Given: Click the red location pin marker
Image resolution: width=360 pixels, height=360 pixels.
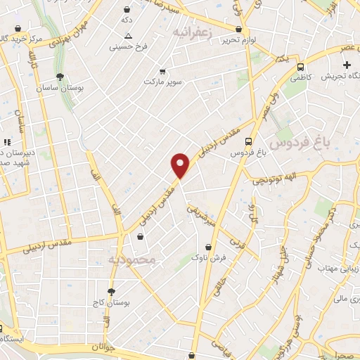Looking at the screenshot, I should click(181, 165).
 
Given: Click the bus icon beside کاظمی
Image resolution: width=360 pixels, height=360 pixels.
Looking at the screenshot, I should click(300, 67).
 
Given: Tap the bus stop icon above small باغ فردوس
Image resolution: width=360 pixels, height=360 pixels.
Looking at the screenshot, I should click(247, 140).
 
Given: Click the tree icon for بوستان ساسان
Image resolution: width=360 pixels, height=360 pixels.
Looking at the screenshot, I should click(60, 77).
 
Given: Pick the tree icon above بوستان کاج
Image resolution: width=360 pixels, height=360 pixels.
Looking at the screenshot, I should click(111, 291).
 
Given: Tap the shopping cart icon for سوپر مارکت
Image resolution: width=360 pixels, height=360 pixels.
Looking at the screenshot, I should click(162, 72).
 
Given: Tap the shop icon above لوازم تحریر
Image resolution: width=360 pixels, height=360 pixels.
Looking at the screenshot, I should click(239, 29).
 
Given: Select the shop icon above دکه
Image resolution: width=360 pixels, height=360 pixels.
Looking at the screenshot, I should click(126, 11).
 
